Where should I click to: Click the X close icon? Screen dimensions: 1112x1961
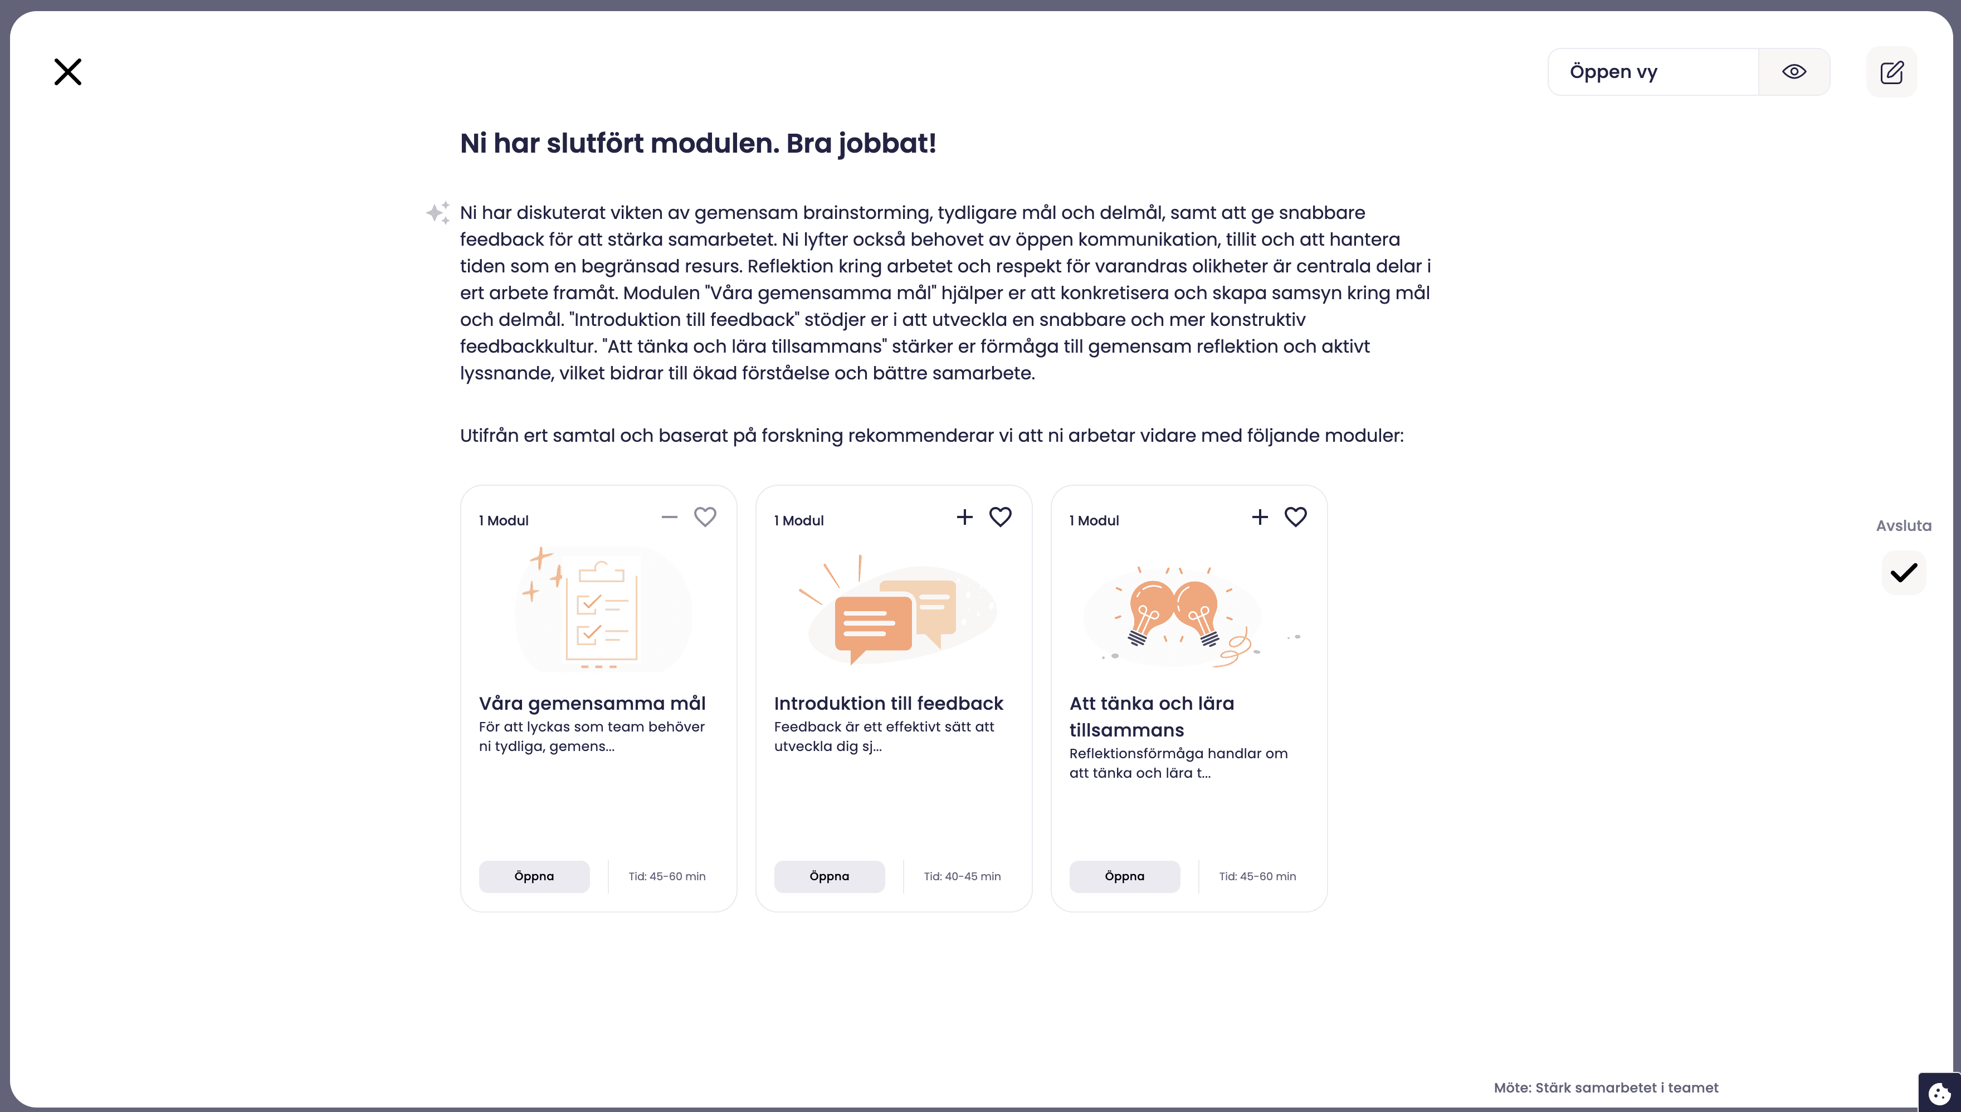coord(67,72)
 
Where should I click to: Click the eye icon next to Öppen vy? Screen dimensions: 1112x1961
coord(1794,72)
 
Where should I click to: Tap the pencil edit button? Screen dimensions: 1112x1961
coord(1891,72)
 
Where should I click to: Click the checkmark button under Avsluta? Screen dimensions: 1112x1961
coord(1904,572)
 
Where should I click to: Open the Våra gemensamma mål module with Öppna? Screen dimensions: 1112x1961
coord(534,876)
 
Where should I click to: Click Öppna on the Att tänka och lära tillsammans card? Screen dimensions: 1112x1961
coord(1124,876)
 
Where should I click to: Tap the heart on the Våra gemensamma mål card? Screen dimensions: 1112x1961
coord(705,517)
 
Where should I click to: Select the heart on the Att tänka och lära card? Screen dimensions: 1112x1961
coord(1295,517)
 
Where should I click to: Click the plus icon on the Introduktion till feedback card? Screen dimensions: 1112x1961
coord(964,517)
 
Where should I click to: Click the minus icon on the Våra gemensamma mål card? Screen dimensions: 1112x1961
coord(670,517)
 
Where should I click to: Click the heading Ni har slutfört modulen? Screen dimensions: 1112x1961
coord(697,143)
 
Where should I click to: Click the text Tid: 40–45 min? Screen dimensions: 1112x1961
coord(962,876)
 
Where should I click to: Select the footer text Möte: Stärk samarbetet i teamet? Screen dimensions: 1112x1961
coord(1605,1087)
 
